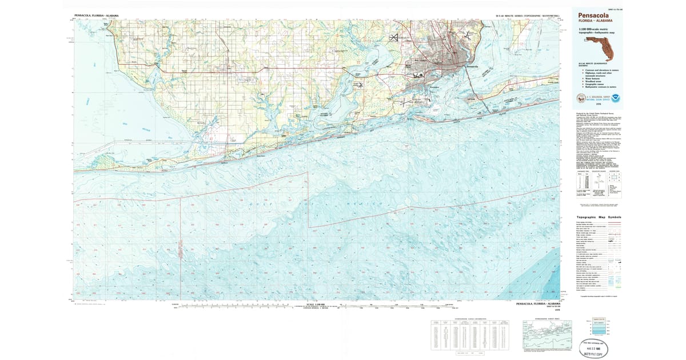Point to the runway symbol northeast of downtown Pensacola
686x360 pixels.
(x=468, y=35)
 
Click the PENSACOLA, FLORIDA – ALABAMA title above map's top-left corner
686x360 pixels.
(x=97, y=16)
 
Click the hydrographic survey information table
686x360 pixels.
(x=468, y=334)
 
